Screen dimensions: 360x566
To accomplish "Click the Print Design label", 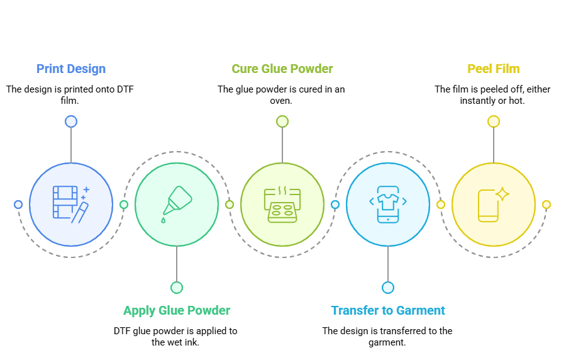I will (70, 69).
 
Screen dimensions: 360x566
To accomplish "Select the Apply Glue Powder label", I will (177, 310).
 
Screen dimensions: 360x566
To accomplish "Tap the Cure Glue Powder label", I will (282, 69).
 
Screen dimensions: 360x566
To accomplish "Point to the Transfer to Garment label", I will (388, 310).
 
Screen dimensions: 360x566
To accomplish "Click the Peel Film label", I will (494, 69).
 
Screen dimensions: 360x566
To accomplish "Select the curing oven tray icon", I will (282, 205).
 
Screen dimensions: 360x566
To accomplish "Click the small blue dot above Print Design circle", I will (71, 121).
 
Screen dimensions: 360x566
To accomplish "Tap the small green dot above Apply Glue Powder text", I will (177, 288).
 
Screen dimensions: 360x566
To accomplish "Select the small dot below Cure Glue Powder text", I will (282, 121).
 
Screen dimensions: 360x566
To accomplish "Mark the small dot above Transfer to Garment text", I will (388, 288).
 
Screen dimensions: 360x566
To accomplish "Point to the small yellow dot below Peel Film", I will (494, 121).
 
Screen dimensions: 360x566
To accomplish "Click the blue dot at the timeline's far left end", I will (18, 205).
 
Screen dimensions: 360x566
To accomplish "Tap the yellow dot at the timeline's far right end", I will (547, 205).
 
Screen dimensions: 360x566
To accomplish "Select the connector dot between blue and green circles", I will (124, 205).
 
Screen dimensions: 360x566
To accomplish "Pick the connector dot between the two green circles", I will (230, 205).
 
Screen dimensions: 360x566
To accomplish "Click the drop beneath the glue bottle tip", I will (164, 220).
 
